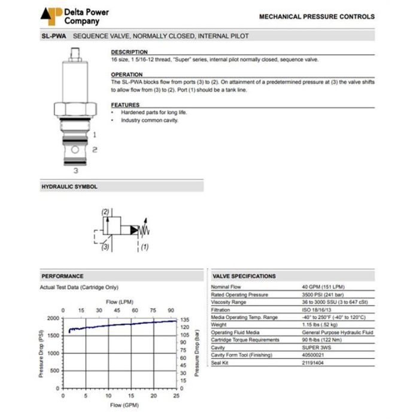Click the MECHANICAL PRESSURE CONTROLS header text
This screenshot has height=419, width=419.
317,17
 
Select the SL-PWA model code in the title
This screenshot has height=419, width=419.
53,37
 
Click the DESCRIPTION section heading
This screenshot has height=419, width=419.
129,52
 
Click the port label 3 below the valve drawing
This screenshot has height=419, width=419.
75,171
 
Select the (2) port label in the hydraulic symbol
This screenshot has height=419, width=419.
105,212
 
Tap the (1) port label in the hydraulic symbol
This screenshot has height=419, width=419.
144,246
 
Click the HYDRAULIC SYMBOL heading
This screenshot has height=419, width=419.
69,187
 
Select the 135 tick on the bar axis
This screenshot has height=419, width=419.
185,320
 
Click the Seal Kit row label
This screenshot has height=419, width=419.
221,362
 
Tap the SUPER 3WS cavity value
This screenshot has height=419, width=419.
317,347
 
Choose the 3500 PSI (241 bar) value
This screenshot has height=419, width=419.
324,294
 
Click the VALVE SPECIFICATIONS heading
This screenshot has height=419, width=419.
244,276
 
